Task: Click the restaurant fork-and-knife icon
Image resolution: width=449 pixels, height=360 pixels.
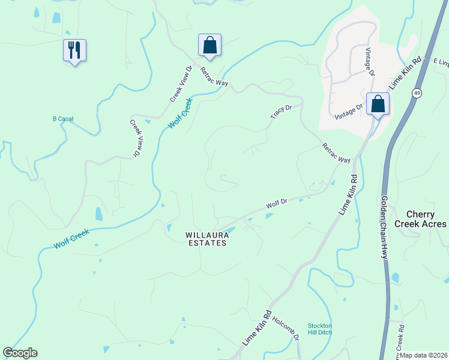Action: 74,50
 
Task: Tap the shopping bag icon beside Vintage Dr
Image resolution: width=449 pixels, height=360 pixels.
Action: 378,104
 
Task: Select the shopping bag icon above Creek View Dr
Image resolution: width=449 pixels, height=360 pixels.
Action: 209,45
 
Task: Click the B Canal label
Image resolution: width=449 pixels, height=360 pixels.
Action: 63,119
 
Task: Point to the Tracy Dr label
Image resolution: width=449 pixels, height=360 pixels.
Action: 281,111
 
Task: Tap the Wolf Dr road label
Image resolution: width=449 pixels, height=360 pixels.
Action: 277,204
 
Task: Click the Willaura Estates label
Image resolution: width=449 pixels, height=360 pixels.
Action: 206,239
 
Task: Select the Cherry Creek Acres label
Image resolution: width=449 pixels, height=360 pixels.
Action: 426,219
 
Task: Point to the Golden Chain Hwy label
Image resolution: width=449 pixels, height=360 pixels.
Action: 383,226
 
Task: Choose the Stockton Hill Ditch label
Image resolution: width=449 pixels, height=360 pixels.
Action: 320,329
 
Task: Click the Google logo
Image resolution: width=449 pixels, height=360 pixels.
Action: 20,353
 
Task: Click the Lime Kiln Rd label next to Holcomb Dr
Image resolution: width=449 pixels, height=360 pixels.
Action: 258,327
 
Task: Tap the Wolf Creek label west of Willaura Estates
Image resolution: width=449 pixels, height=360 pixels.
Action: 71,241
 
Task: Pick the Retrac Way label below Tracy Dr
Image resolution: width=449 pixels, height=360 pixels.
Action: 336,153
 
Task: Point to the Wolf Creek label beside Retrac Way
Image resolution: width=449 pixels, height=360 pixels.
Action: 179,112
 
